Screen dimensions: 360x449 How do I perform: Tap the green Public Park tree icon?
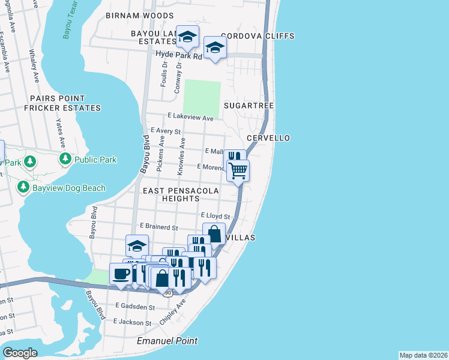pyautogui.click(x=64, y=160)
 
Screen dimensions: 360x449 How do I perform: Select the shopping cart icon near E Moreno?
pyautogui.click(x=238, y=170)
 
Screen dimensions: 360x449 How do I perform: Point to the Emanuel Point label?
pyautogui.click(x=167, y=341)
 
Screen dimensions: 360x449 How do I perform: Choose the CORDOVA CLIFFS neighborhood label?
pyautogui.click(x=258, y=36)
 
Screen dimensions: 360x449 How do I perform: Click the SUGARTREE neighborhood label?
pyautogui.click(x=249, y=106)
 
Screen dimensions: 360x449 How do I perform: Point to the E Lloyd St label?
pyautogui.click(x=215, y=215)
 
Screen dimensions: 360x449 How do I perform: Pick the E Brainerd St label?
pyautogui.click(x=159, y=227)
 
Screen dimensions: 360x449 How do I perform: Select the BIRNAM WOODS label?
pyautogui.click(x=139, y=16)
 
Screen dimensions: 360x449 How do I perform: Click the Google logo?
pyautogui.click(x=20, y=353)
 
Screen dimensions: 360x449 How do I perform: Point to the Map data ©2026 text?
pyautogui.click(x=423, y=355)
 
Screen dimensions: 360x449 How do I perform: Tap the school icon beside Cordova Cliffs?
pyautogui.click(x=215, y=47)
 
